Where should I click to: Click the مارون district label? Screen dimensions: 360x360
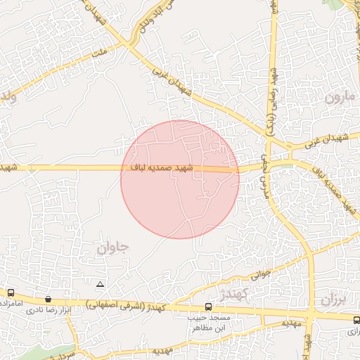[x=340, y=97]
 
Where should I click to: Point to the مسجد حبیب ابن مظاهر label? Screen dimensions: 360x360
[x=209, y=323]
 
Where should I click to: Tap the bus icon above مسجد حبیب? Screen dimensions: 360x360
[x=208, y=307]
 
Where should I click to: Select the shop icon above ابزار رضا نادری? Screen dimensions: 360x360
[x=48, y=299]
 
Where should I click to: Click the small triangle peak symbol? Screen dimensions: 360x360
[x=100, y=285]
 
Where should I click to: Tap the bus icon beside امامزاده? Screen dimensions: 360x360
[x=11, y=292]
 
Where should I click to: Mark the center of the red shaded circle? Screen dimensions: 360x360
[x=180, y=179]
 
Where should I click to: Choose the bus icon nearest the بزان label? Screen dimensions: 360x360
[x=356, y=319]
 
